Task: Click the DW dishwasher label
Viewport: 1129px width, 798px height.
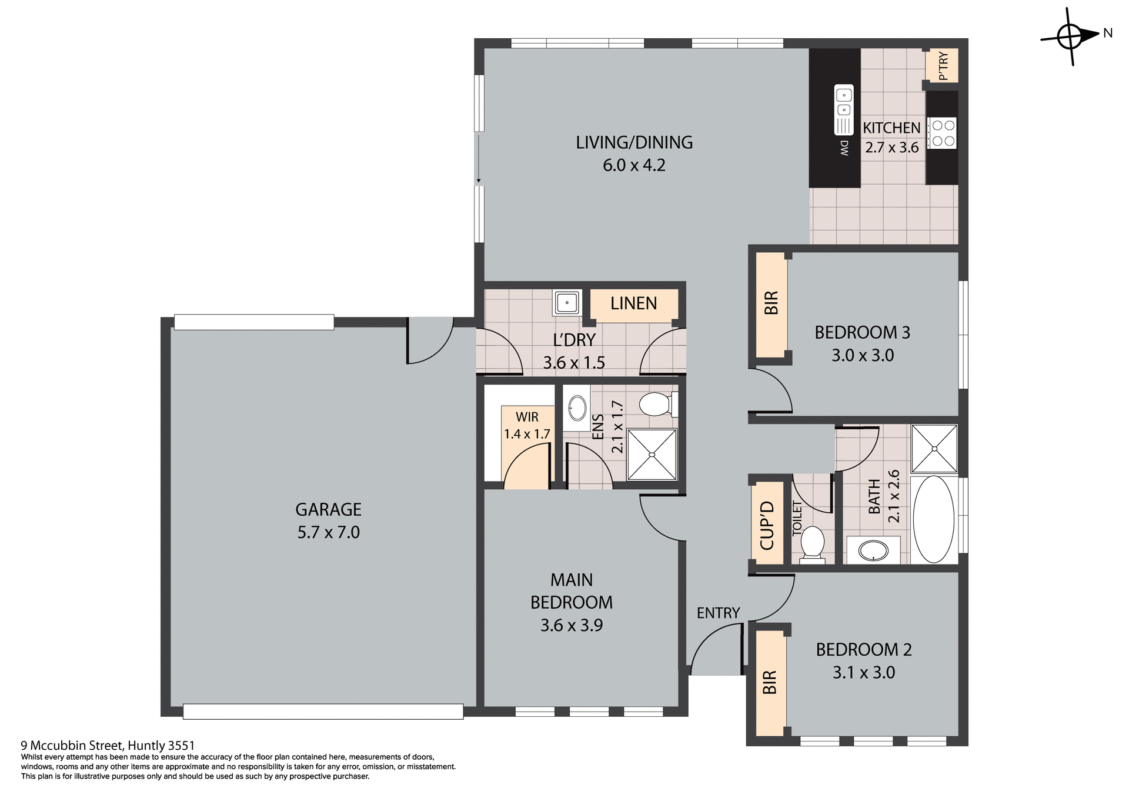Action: click(844, 148)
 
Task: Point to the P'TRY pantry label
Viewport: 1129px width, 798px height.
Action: click(943, 66)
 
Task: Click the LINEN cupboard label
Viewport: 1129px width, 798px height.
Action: click(633, 303)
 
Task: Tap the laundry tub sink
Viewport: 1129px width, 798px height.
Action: click(567, 303)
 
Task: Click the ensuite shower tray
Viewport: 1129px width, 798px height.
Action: click(652, 455)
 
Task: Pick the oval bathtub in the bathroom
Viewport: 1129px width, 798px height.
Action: click(934, 519)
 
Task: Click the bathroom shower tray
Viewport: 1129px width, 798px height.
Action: click(934, 449)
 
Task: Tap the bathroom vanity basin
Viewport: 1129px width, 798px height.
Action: click(873, 550)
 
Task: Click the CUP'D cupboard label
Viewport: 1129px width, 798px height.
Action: click(767, 525)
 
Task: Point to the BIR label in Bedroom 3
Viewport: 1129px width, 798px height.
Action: click(771, 303)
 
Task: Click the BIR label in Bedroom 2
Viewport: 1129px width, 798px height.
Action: click(770, 682)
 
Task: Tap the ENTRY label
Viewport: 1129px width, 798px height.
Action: click(718, 613)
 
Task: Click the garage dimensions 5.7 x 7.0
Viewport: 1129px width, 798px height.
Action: click(328, 532)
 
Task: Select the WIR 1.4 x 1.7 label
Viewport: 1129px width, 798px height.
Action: click(527, 425)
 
